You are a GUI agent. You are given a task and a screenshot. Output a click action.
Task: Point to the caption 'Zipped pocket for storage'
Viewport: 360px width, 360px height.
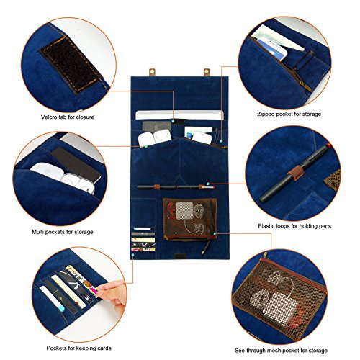tap(292, 114)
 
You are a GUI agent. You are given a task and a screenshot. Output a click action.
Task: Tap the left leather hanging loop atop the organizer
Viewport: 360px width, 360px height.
tap(153, 72)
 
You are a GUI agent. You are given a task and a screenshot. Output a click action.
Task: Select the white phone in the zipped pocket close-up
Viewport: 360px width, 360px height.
tap(277, 40)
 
